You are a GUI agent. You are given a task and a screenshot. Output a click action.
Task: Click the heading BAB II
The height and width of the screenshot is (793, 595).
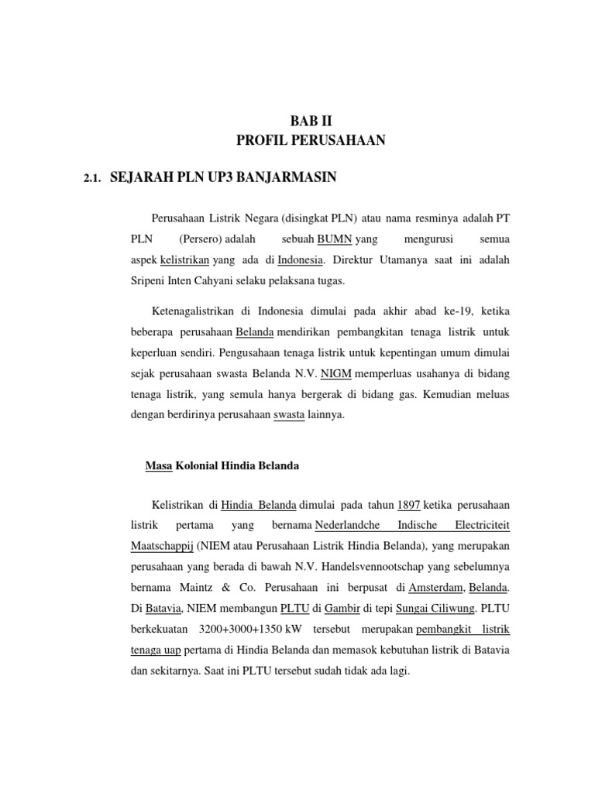(310, 120)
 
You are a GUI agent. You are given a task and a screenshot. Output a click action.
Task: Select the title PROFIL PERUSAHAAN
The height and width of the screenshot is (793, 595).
(310, 140)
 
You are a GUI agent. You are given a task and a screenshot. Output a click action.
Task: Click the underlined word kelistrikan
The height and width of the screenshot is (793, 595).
(184, 259)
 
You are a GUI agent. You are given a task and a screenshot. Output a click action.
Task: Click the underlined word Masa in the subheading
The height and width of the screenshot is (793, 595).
(160, 465)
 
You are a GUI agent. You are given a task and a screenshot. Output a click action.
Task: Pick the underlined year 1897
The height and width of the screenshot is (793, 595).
(408, 505)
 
